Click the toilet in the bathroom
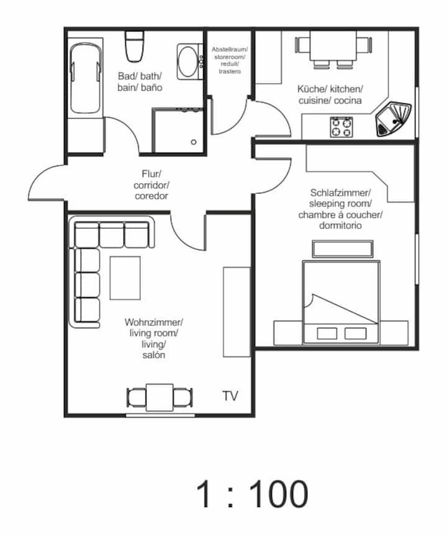tap(134, 46)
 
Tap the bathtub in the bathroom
tap(86, 78)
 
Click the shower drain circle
tap(194, 142)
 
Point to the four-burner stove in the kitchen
tap(341, 127)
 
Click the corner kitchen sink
tap(394, 119)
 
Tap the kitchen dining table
tap(333, 45)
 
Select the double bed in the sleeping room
tap(341, 303)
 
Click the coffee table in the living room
tap(125, 278)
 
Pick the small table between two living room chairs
tap(160, 397)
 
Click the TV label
tap(230, 396)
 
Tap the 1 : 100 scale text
tap(252, 494)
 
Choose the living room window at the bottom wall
tap(160, 415)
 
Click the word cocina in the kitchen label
tap(348, 101)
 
